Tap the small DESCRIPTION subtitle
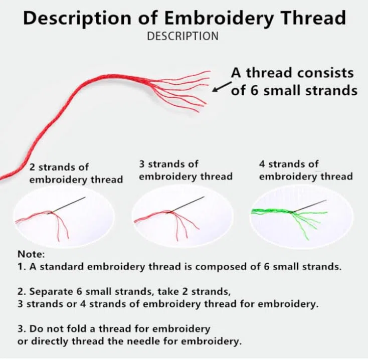182,36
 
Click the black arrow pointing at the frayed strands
222,87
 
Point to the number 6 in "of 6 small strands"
254,90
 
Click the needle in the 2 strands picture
67,205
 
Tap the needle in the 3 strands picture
186,204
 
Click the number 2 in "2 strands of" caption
32,167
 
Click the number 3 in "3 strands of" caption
142,164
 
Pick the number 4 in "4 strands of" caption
262,164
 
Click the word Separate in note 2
51,292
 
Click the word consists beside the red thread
325,73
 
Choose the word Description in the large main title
77,19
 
